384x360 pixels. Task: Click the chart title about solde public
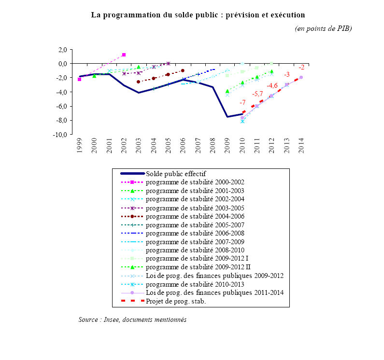click(x=198, y=15)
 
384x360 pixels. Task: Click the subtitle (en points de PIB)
click(x=323, y=28)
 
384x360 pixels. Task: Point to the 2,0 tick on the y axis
click(x=62, y=49)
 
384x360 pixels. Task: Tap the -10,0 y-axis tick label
click(x=60, y=135)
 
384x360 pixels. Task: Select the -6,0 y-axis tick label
click(x=61, y=106)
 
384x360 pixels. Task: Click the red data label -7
click(x=242, y=102)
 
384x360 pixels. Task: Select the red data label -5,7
click(x=257, y=94)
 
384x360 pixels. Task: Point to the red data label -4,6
click(x=272, y=85)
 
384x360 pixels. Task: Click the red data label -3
click(x=286, y=74)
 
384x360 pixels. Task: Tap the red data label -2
click(x=301, y=67)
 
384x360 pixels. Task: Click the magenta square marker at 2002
click(x=124, y=55)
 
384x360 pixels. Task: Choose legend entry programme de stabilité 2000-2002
click(x=195, y=182)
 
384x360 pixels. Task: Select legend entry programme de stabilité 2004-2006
click(x=195, y=216)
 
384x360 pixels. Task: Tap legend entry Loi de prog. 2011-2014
click(x=214, y=292)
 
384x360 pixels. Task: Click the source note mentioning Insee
click(x=132, y=319)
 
